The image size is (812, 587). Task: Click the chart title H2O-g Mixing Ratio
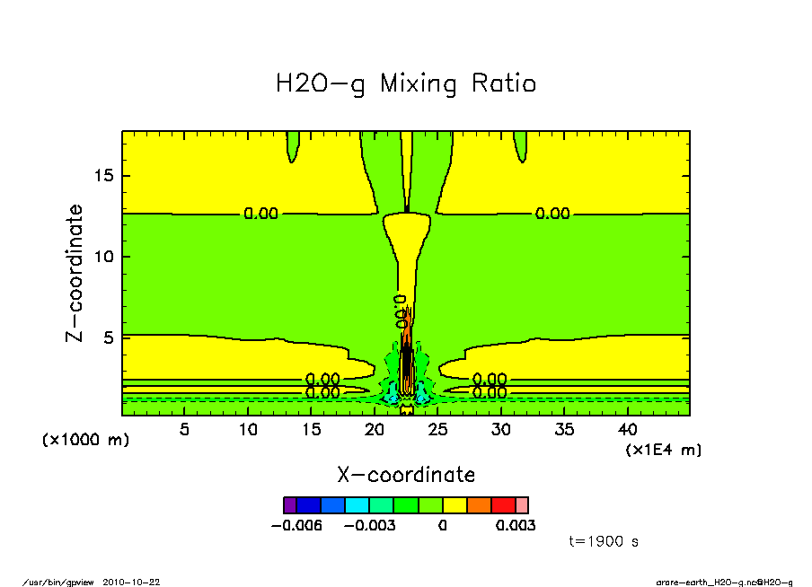pos(406,84)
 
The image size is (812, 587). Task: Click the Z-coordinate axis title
pos(75,273)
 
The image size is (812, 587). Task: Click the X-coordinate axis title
pos(406,474)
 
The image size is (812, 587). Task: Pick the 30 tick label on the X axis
pos(502,430)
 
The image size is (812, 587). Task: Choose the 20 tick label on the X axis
pos(375,430)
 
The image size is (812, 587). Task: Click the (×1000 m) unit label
pos(85,440)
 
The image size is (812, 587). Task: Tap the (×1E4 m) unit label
pos(664,449)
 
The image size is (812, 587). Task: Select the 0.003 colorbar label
pos(516,525)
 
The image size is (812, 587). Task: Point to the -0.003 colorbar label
pos(371,525)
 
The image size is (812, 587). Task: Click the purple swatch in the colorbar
pos(289,504)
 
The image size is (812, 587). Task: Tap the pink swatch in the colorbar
pos(522,504)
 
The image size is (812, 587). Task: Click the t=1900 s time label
pos(604,541)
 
